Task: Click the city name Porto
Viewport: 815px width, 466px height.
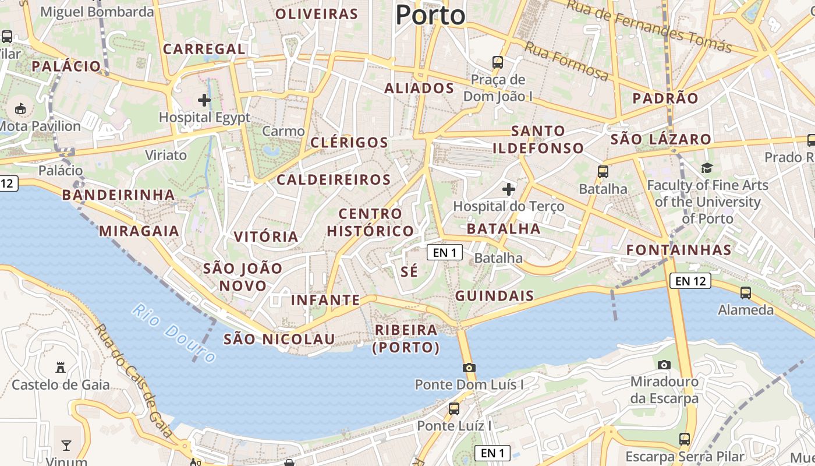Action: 430,15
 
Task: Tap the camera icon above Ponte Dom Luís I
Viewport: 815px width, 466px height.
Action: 469,368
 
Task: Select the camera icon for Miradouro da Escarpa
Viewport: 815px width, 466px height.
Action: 664,365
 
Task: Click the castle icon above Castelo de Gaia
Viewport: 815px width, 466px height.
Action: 61,368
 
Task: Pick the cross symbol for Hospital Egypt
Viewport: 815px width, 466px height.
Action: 204,100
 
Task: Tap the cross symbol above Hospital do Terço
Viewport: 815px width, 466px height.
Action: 509,189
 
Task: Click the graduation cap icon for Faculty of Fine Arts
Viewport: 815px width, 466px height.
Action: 707,168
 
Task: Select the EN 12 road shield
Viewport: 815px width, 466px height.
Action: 690,281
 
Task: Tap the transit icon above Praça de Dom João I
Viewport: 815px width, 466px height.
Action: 498,62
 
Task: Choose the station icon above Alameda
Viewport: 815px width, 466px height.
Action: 746,292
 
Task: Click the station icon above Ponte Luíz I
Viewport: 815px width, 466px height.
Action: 454,409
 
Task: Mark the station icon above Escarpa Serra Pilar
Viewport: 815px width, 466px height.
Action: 685,439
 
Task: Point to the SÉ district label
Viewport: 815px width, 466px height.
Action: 410,271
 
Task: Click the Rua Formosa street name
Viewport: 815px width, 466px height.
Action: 566,61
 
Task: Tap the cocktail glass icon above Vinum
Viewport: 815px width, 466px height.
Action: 66,446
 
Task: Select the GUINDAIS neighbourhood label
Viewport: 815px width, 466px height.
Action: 494,296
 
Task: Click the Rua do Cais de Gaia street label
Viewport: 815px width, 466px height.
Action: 134,382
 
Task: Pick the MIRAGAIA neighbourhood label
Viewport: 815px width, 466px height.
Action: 139,231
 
